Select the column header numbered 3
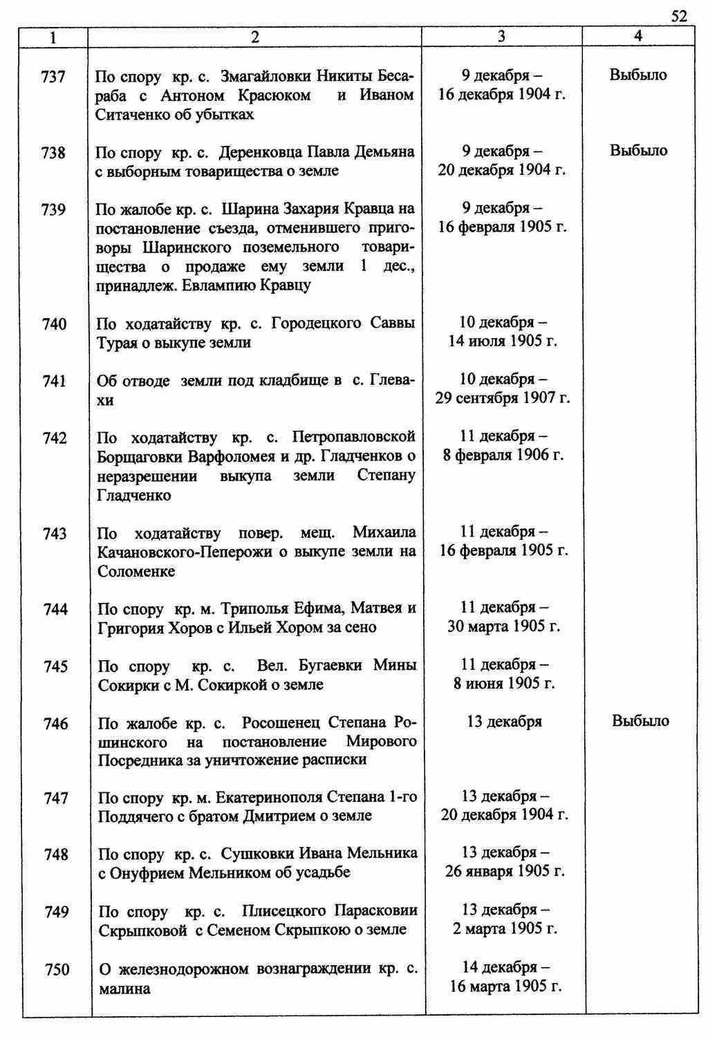501,37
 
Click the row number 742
55,438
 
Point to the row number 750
57,970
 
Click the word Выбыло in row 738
638,151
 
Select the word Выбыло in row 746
640,721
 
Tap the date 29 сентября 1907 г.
503,398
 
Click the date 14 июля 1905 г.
503,341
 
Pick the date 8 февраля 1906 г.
503,455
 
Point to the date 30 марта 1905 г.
503,626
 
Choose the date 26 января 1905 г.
505,871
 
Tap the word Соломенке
136,571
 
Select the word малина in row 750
124,989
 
